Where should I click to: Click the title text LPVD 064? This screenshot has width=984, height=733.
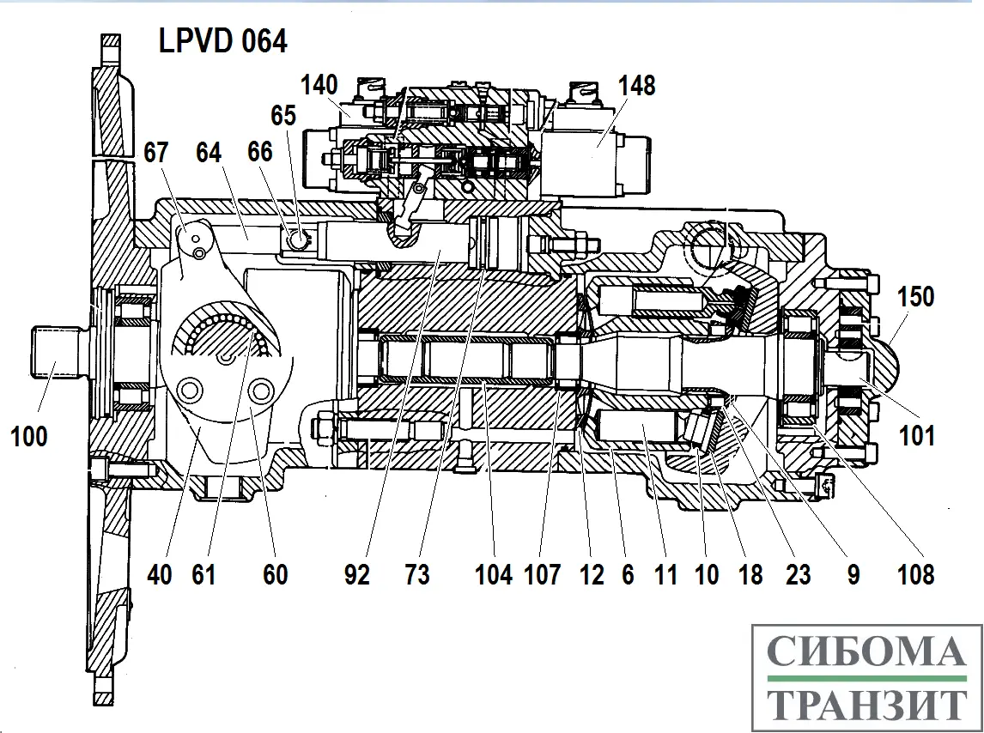pos(222,41)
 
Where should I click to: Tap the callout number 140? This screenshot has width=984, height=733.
pos(319,85)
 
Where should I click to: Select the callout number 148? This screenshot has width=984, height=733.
pos(635,85)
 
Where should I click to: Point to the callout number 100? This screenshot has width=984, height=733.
pos(29,437)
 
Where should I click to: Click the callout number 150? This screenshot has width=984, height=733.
pos(914,296)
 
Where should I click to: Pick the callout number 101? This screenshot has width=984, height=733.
pos(917,437)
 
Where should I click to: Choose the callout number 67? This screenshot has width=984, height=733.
pos(155,153)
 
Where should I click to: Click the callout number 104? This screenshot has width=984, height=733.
pos(494,574)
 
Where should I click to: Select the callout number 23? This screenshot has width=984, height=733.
pos(798,574)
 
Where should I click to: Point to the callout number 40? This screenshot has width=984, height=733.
pos(159,574)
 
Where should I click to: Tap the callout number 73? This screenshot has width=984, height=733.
pos(417,574)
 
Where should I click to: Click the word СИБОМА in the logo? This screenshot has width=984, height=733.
pos(865,653)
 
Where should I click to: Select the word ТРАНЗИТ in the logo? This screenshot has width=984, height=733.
pos(865,706)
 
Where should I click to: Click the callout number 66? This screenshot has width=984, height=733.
pos(259,153)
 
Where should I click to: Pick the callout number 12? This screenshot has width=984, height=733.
pos(592,574)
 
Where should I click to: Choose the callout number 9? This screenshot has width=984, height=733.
pos(853,574)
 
